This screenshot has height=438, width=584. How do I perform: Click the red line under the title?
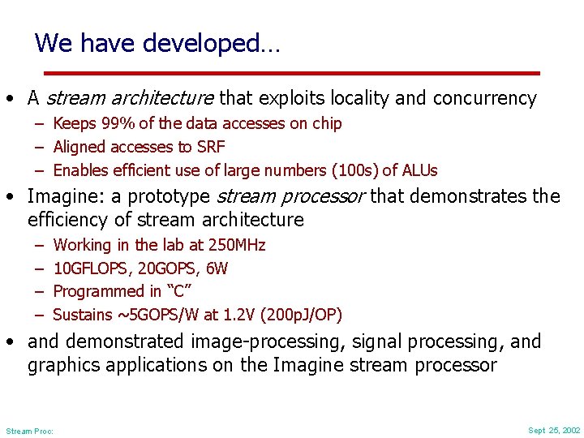287,72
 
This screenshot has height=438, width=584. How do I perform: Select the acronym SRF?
210,147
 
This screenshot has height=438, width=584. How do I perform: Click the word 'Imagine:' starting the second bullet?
64,196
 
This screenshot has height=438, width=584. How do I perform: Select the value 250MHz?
237,245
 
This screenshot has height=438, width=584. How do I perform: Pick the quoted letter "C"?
176,291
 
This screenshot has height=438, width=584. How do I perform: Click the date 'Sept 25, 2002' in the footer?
554,430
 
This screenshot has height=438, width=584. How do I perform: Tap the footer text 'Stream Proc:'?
29,431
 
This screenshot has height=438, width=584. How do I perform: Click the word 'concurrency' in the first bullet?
484,99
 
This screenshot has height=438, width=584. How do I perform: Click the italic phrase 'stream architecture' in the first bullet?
130,99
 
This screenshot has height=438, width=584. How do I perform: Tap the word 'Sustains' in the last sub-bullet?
83,315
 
